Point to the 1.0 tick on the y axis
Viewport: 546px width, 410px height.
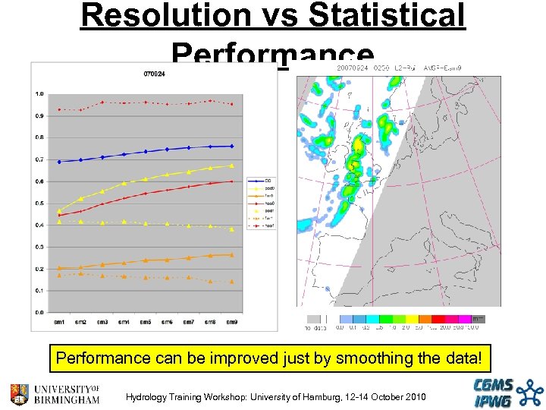pos(39,94)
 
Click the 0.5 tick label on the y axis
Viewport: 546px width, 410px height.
pos(39,203)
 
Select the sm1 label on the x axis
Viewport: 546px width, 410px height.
pos(58,322)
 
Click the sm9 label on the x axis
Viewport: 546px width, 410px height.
pos(231,322)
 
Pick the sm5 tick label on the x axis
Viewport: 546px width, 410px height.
pos(145,322)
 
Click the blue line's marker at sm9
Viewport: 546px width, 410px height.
pos(231,146)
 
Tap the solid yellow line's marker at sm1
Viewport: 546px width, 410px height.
pos(59,210)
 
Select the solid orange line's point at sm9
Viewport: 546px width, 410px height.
pos(231,255)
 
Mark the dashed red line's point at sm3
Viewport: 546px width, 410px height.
pos(102,102)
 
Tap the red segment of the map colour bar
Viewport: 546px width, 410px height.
pos(441,320)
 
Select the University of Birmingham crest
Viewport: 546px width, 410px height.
pos(19,394)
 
